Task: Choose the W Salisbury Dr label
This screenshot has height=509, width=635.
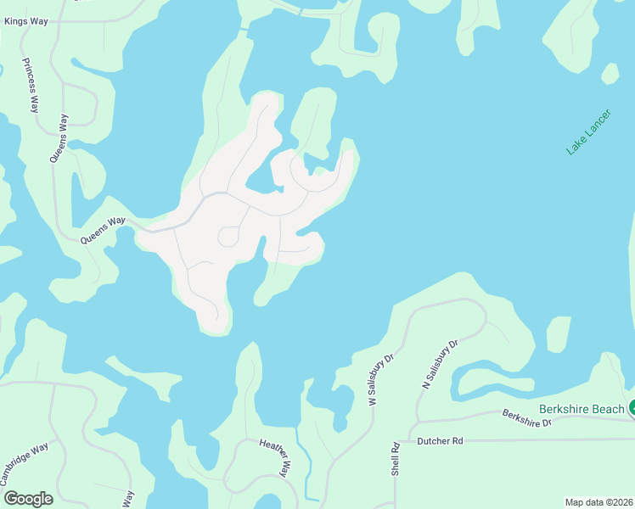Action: pos(382,379)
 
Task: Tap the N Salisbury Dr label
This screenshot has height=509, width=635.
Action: pos(440,364)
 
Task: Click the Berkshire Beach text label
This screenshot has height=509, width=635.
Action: pos(582,409)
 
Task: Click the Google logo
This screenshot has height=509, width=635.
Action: pos(28,499)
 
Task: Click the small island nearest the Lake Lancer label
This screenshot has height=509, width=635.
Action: pos(610,73)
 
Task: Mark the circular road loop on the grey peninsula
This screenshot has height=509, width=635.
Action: pos(228,237)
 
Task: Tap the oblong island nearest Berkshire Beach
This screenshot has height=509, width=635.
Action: pos(559,333)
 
